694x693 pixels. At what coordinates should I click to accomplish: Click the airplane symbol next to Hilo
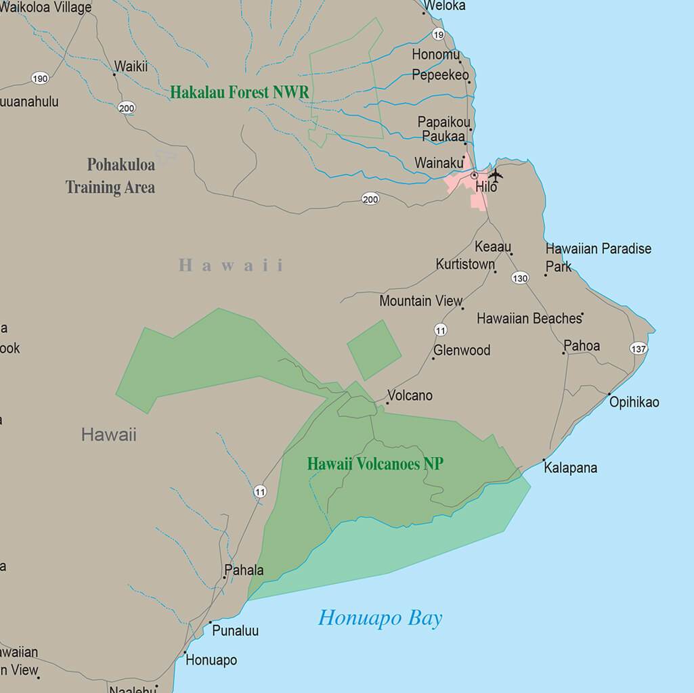pyautogui.click(x=496, y=175)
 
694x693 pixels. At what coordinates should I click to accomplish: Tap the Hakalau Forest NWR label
pyautogui.click(x=239, y=92)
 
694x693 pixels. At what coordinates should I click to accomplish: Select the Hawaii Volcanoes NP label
pyautogui.click(x=375, y=464)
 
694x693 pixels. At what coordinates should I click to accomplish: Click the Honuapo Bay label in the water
pyautogui.click(x=380, y=618)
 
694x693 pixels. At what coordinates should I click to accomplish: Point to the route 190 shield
pyautogui.click(x=40, y=79)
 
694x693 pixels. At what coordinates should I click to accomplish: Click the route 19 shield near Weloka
pyautogui.click(x=439, y=35)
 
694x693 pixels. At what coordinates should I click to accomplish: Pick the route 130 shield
pyautogui.click(x=520, y=278)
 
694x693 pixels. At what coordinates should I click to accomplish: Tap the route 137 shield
pyautogui.click(x=638, y=349)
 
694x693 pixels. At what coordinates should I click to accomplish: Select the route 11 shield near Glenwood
pyautogui.click(x=441, y=330)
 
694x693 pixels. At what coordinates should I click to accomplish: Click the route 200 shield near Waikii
pyautogui.click(x=126, y=108)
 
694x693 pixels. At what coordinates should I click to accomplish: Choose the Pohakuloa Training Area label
pyautogui.click(x=111, y=176)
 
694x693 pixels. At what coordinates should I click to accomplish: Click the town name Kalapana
pyautogui.click(x=570, y=468)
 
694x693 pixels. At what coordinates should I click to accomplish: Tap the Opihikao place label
pyautogui.click(x=634, y=403)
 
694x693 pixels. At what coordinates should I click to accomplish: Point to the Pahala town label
pyautogui.click(x=243, y=570)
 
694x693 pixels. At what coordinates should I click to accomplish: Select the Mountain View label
pyautogui.click(x=420, y=300)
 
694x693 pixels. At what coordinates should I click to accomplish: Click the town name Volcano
pyautogui.click(x=410, y=395)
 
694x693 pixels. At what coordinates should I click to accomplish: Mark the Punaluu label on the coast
pyautogui.click(x=235, y=631)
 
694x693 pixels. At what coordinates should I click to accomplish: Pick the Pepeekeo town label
pyautogui.click(x=440, y=75)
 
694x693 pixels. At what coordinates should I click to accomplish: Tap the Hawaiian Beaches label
pyautogui.click(x=529, y=318)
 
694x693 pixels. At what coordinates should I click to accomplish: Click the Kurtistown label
pyautogui.click(x=465, y=264)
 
